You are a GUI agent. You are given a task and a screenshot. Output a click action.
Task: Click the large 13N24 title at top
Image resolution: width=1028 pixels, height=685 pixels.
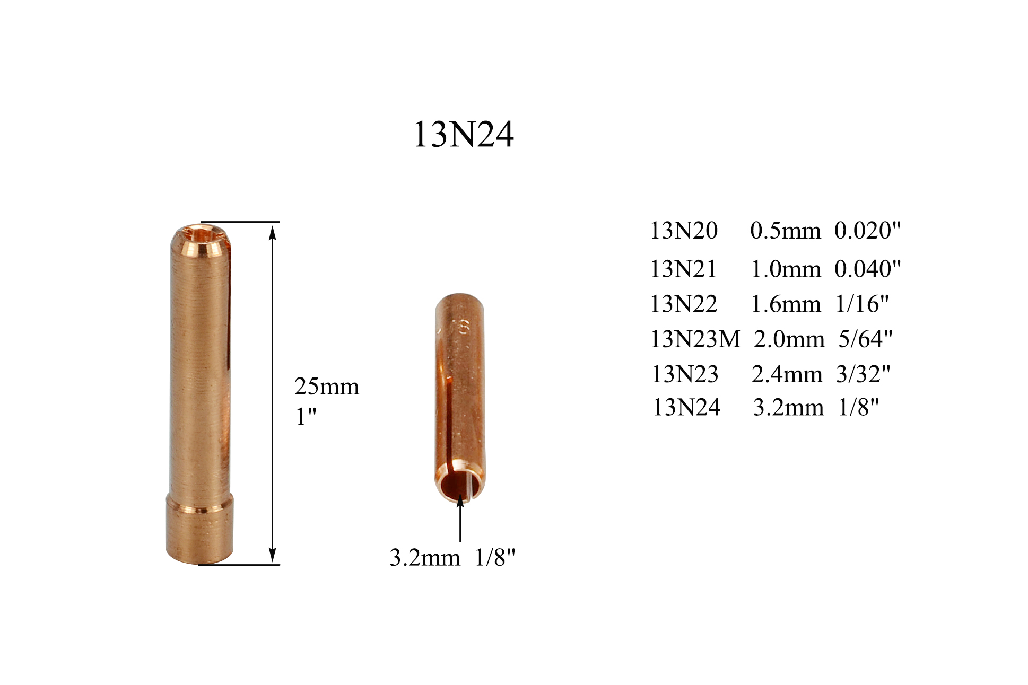pos(463,134)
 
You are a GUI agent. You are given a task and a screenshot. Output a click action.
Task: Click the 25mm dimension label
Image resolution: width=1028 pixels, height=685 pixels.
pos(326,387)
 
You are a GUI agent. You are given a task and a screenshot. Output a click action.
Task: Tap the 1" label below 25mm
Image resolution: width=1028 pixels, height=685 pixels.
pos(306,416)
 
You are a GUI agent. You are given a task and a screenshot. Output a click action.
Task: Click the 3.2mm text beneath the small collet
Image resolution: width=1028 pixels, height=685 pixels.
pos(424,558)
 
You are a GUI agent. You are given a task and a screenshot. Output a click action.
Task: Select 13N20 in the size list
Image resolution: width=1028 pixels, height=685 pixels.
pos(684,231)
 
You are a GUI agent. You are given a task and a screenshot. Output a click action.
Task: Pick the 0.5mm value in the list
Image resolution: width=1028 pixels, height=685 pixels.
pos(785,231)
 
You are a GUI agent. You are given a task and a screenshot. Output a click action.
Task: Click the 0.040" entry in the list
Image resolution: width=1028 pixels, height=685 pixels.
pos(867,269)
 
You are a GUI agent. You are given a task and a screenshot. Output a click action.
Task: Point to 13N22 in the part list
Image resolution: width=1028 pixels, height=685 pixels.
pos(684,304)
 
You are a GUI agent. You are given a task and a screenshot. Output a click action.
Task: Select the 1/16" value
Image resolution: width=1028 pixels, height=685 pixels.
pos(861,304)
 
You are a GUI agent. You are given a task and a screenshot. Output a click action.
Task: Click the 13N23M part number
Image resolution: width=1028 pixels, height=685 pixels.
pos(695,339)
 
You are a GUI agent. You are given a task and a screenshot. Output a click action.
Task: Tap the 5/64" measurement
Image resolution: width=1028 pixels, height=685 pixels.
pos(865,339)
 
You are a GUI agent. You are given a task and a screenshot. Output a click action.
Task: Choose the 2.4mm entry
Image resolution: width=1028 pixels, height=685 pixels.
pos(787,374)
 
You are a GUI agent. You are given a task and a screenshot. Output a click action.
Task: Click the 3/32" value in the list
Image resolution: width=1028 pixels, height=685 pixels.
pos(863,374)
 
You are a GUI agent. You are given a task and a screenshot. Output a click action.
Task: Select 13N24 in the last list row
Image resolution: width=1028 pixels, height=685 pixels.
pos(686,408)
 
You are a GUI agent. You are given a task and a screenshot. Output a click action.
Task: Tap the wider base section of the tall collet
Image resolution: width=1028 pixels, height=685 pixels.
pos(199,530)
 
